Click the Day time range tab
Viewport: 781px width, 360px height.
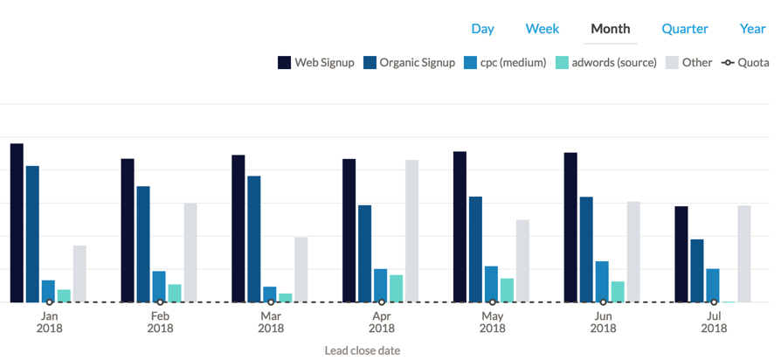point(482,29)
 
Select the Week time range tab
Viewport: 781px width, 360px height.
point(543,29)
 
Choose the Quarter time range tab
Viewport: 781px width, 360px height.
point(685,29)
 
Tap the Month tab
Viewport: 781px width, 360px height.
point(610,29)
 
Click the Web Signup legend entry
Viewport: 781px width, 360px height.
point(316,63)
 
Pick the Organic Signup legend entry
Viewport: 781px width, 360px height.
point(410,63)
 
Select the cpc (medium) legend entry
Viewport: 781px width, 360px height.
point(505,63)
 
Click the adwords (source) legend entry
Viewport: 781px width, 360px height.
point(605,63)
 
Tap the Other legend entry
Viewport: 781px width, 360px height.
point(689,63)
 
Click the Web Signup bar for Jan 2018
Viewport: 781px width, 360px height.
point(17,223)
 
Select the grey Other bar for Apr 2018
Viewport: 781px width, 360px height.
point(412,231)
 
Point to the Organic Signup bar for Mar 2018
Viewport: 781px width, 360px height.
point(254,239)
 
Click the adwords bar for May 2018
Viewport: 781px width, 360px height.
point(507,290)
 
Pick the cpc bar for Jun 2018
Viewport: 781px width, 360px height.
point(602,282)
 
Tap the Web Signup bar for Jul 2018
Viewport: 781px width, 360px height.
point(681,254)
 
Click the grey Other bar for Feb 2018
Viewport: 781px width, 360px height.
point(190,253)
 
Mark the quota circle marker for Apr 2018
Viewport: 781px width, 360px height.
point(382,302)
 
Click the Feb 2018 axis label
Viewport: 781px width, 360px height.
point(161,322)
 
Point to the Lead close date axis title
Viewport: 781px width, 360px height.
point(363,350)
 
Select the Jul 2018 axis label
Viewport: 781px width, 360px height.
point(714,322)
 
